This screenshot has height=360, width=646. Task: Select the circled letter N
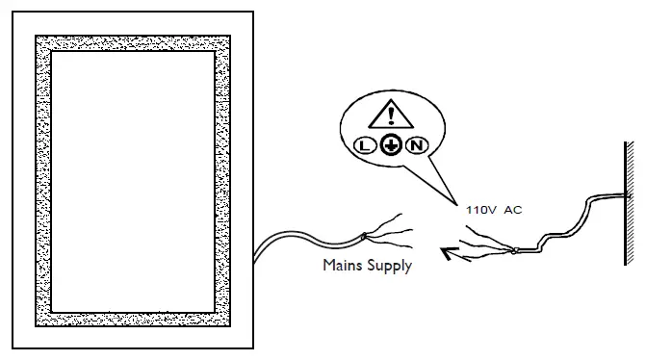coord(416,146)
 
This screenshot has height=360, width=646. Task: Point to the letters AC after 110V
coord(513,210)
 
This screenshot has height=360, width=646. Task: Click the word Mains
coord(343,265)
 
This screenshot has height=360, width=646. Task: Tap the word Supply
coord(389,266)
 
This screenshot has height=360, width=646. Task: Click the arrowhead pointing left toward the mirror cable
coord(445,254)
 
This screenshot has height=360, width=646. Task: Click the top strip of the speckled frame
coord(133,43)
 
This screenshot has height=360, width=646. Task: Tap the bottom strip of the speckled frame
coord(133,319)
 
